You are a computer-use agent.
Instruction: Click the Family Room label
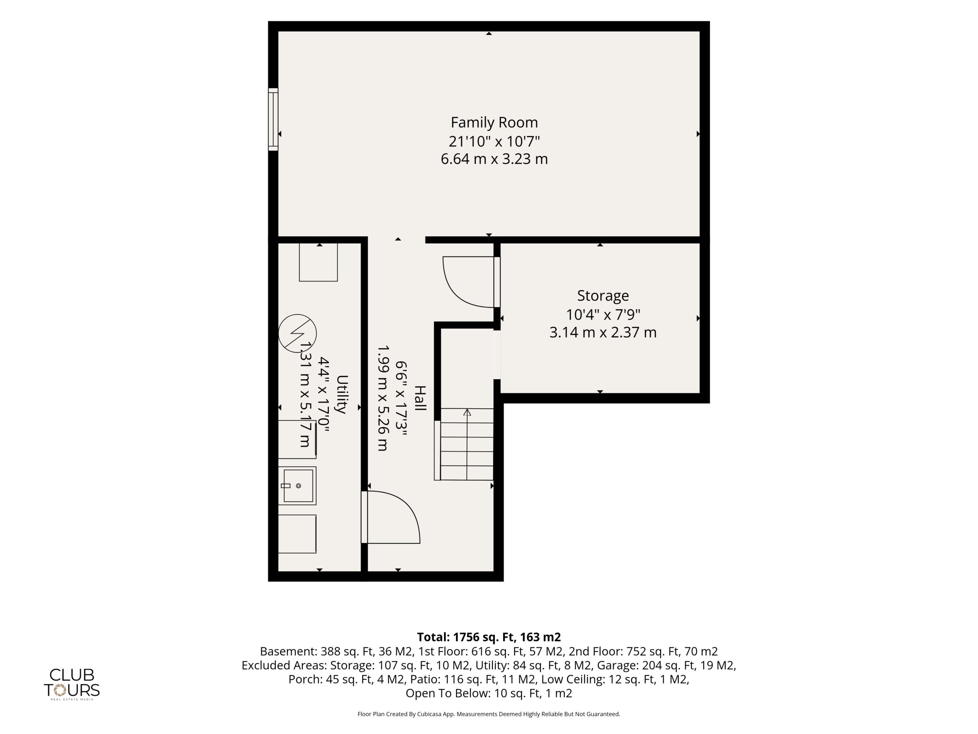(494, 123)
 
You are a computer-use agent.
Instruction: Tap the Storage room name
(602, 296)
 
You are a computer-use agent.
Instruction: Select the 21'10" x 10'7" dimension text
(494, 141)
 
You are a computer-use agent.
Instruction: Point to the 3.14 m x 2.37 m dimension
(602, 332)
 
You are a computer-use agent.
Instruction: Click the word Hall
(419, 398)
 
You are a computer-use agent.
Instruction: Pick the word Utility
(342, 394)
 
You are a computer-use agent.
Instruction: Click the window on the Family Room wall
(273, 119)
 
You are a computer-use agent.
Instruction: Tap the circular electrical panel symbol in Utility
(298, 333)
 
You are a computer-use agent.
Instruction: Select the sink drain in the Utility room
(298, 486)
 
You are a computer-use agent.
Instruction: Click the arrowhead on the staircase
(467, 412)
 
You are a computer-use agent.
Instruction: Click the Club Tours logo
(71, 684)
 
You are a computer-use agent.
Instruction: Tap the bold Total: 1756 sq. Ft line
(489, 637)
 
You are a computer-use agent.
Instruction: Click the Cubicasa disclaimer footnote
(489, 714)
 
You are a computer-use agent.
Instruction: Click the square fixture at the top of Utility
(318, 262)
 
